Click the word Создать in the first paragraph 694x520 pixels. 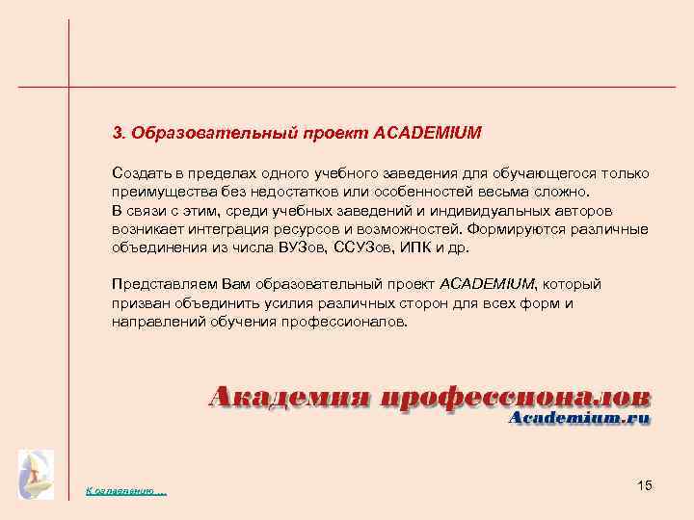(x=141, y=173)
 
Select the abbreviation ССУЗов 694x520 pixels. (x=360, y=247)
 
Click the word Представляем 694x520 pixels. (x=159, y=285)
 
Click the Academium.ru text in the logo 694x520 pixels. (x=578, y=418)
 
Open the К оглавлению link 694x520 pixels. (x=126, y=492)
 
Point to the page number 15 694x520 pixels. (x=645, y=484)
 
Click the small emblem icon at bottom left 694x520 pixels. (x=36, y=474)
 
